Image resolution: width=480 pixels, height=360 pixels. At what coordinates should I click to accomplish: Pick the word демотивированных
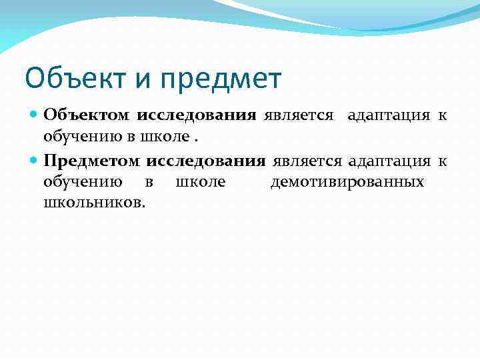point(347,182)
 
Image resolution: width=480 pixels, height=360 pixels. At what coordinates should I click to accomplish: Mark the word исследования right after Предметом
point(206,161)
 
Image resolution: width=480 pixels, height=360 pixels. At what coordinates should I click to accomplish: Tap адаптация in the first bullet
point(389,115)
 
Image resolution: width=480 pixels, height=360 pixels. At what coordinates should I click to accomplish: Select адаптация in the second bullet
point(390,161)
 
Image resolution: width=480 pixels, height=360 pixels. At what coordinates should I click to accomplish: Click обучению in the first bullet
point(73,136)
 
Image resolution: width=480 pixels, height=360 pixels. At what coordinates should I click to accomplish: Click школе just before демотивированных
point(200,182)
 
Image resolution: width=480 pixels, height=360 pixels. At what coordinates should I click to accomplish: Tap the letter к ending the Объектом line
point(441,115)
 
